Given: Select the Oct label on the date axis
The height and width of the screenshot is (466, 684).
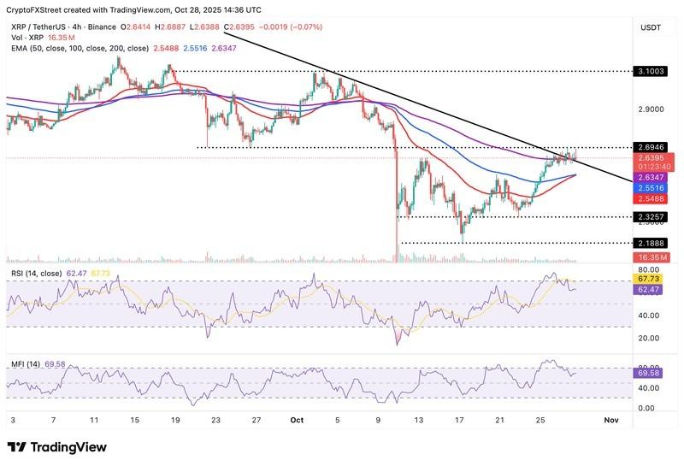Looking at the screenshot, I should [x=298, y=420].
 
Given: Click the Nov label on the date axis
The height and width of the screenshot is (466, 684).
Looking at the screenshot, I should [x=610, y=420].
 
